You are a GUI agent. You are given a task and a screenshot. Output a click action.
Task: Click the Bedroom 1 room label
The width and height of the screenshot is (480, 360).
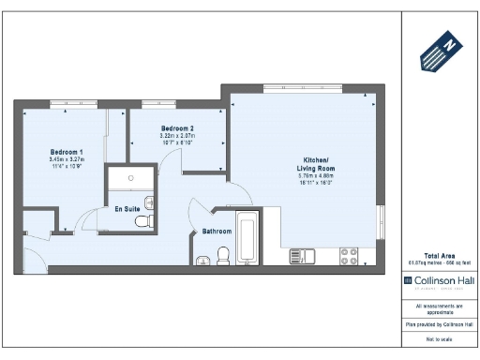pos(67,151)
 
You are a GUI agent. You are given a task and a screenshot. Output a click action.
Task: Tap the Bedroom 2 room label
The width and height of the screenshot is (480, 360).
pos(177,127)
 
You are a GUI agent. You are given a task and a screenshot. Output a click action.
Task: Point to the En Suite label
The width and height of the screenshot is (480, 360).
pos(127,209)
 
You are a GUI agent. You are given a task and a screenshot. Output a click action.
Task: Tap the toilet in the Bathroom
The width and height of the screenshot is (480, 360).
pos(223,254)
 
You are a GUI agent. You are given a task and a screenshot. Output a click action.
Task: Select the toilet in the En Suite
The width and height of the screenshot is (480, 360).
pos(143,221)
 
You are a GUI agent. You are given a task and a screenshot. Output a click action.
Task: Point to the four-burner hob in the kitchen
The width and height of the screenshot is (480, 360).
pos(349,255)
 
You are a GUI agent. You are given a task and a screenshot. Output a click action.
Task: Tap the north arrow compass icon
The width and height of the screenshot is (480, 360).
pos(439,52)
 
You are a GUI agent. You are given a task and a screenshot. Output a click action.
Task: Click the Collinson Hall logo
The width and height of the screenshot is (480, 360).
pos(439,279)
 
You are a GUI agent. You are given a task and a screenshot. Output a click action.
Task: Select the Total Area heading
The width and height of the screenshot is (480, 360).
pos(440,255)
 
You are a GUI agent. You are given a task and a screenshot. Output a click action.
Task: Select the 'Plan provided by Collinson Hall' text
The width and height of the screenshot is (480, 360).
pos(439,322)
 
